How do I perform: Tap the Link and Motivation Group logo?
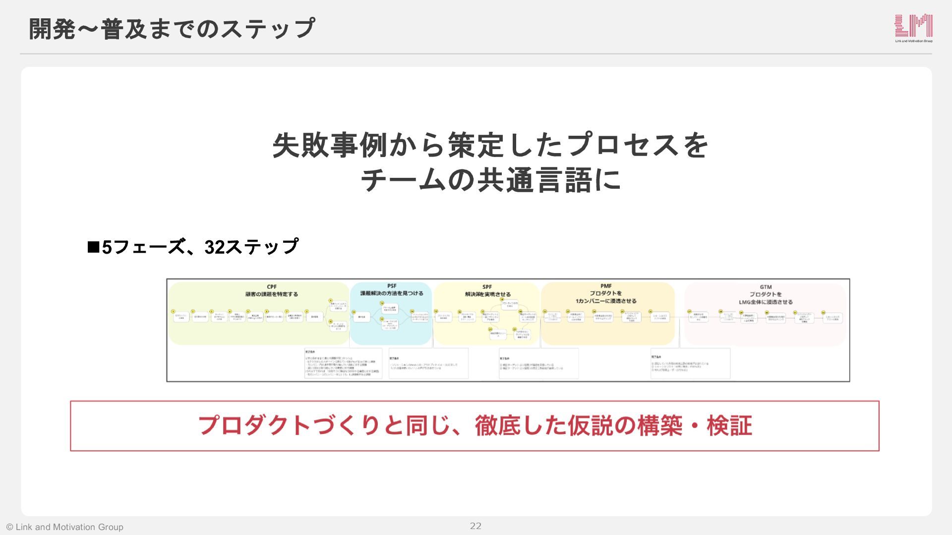(x=913, y=28)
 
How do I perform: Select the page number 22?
(x=476, y=526)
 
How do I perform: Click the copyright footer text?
(x=65, y=527)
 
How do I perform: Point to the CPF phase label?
(x=272, y=287)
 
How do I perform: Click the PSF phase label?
(x=392, y=286)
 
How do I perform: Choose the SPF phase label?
(x=487, y=287)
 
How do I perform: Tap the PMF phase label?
(x=606, y=286)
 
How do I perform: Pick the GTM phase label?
(x=766, y=287)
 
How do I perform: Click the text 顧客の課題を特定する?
(x=272, y=294)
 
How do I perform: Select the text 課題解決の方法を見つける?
(x=392, y=293)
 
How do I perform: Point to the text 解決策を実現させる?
(x=487, y=294)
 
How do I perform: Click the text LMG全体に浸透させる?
(x=766, y=302)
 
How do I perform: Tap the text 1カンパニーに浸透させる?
(x=606, y=301)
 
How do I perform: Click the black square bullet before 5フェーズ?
(x=93, y=247)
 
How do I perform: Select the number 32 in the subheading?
(x=215, y=247)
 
